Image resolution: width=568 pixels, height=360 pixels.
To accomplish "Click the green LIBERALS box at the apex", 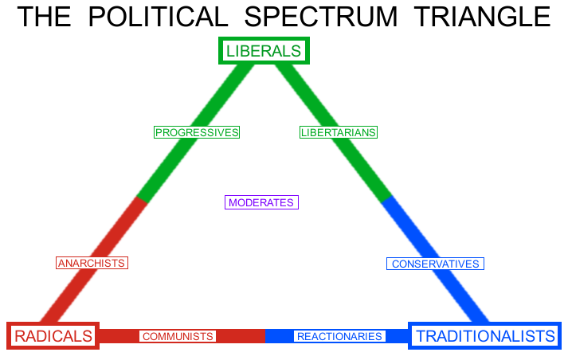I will point(264,51).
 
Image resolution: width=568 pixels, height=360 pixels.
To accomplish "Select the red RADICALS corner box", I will point(53,336).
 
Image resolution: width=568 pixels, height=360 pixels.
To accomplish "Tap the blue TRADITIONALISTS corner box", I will point(485,336).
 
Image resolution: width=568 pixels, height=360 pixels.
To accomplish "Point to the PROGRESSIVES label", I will point(197,132).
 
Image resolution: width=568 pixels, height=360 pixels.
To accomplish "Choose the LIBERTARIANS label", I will point(338,132).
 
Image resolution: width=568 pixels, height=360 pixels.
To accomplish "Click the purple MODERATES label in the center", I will point(261,202).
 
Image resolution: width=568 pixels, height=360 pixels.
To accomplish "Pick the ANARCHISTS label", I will point(92,263).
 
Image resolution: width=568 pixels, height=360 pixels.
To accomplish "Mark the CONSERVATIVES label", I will point(435,264).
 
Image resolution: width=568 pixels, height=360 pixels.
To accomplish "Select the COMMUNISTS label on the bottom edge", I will point(177,337).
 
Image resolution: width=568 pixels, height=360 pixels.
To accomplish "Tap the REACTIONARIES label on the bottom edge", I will point(339,337).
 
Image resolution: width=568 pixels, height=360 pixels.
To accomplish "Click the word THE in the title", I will point(44,18).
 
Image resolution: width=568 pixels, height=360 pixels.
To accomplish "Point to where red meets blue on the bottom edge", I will point(265,336).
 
